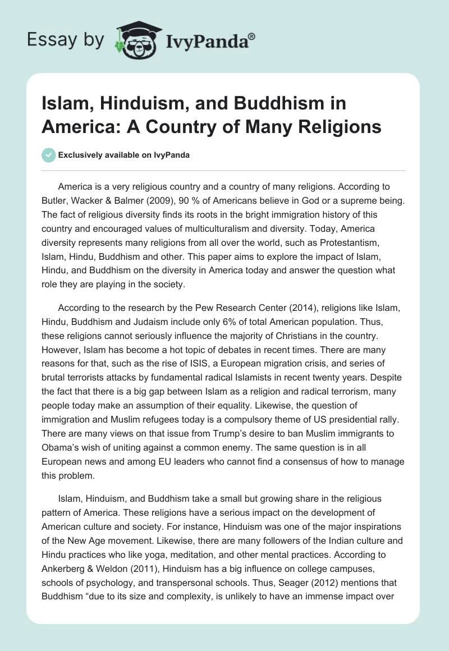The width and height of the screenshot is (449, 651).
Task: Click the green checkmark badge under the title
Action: coord(49,155)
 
